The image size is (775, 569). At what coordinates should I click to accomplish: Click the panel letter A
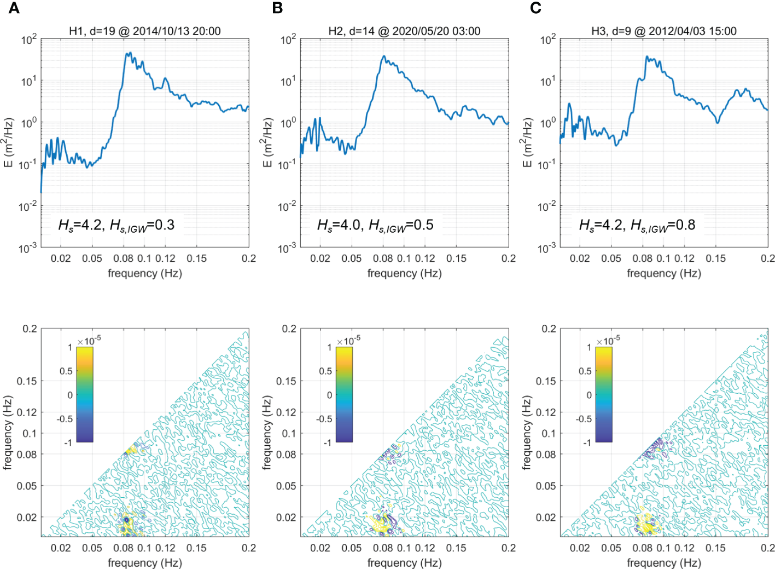coord(14,8)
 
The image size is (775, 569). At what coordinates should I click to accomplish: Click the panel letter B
coord(277,8)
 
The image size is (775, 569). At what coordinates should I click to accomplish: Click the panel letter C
coord(535,8)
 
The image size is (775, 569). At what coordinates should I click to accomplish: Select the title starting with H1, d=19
coord(145,31)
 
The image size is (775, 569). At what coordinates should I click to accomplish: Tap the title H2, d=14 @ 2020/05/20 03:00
coord(404,31)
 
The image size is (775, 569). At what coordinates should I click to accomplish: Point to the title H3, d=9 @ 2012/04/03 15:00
coord(663,31)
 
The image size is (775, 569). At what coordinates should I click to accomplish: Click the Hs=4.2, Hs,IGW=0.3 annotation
coord(116,225)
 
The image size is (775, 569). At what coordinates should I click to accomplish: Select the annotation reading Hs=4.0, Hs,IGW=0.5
coord(375,225)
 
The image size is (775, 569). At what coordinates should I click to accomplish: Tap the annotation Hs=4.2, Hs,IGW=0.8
coord(637,225)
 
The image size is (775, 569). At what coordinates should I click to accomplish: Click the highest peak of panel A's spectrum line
coord(129,54)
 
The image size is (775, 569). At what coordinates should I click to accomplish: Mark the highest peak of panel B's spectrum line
coord(384,56)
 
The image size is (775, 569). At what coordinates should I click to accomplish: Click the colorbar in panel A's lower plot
coord(85,394)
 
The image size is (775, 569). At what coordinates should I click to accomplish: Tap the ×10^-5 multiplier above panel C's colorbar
coord(608,341)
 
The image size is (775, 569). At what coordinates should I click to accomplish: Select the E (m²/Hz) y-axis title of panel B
coord(267,142)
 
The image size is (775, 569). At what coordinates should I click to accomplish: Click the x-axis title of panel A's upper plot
coord(145,273)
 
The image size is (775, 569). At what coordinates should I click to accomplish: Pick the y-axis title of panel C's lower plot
coord(527,433)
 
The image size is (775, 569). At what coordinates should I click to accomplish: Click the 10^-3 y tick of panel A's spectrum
coord(28,249)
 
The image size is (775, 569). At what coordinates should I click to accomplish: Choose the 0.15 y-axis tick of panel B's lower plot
coord(286,381)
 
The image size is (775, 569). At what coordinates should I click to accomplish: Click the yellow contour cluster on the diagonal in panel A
coord(130,451)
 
